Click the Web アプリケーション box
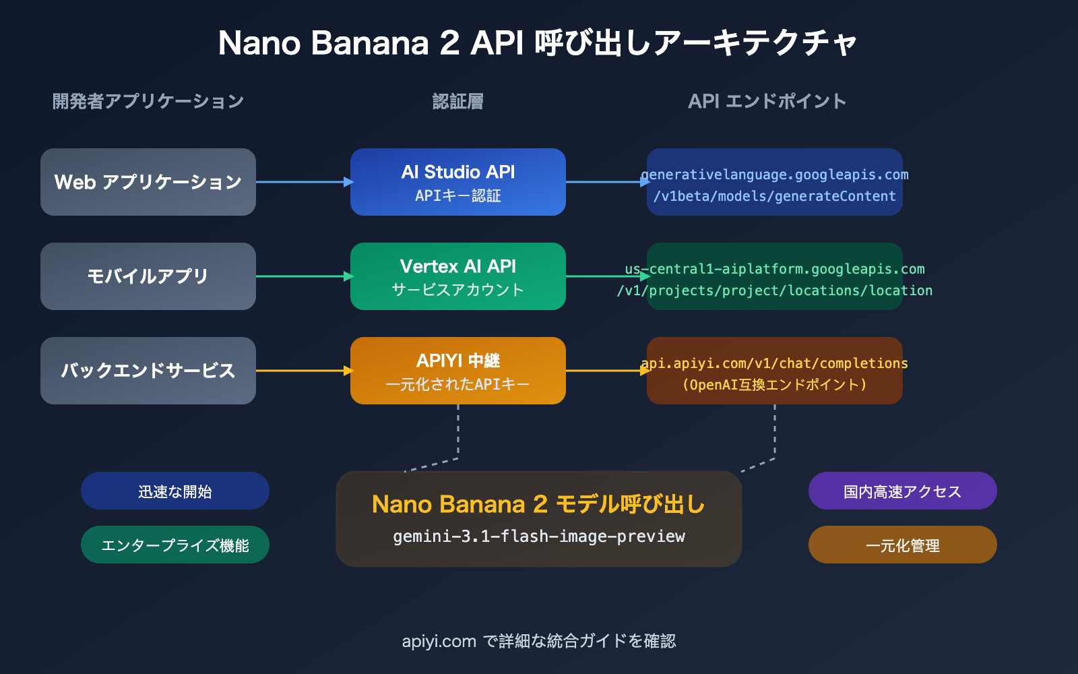pyautogui.click(x=148, y=182)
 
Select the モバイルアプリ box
pyautogui.click(x=148, y=276)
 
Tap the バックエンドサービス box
pyautogui.click(x=148, y=371)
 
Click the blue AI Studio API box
pyautogui.click(x=458, y=182)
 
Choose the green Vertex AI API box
pyautogui.click(x=458, y=276)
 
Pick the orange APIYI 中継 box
pyautogui.click(x=458, y=371)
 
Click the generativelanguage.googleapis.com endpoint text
pyautogui.click(x=775, y=175)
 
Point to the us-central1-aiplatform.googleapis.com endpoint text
pyautogui.click(x=775, y=270)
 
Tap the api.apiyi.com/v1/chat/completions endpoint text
pyautogui.click(x=775, y=364)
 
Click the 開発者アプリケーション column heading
pyautogui.click(x=148, y=101)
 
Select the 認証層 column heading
pyautogui.click(x=458, y=101)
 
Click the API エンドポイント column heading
pyautogui.click(x=767, y=101)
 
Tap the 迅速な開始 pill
pyautogui.click(x=175, y=491)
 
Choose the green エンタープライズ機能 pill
pyautogui.click(x=175, y=545)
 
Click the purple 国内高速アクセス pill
pyautogui.click(x=903, y=491)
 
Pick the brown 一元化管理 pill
pyautogui.click(x=903, y=545)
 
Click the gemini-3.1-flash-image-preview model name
pyautogui.click(x=539, y=537)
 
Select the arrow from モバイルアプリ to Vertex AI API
pyautogui.click(x=303, y=276)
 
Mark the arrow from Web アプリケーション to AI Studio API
pyautogui.click(x=303, y=182)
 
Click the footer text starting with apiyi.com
pyautogui.click(x=539, y=641)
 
